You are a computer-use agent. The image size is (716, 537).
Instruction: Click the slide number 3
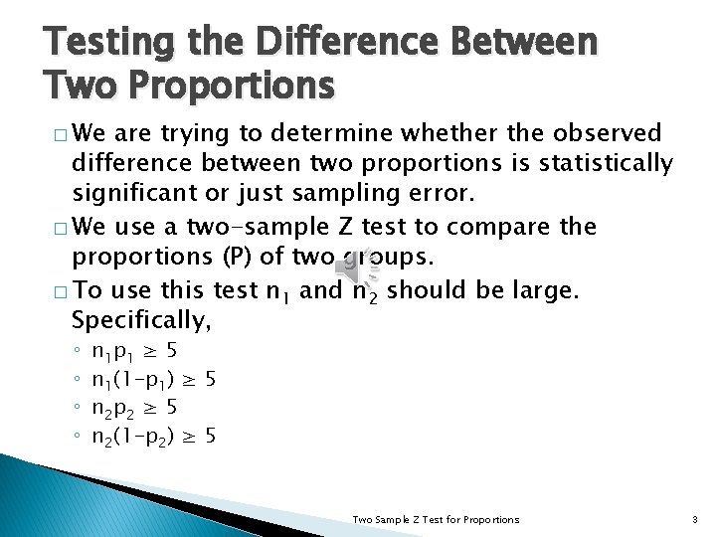[695, 519]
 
